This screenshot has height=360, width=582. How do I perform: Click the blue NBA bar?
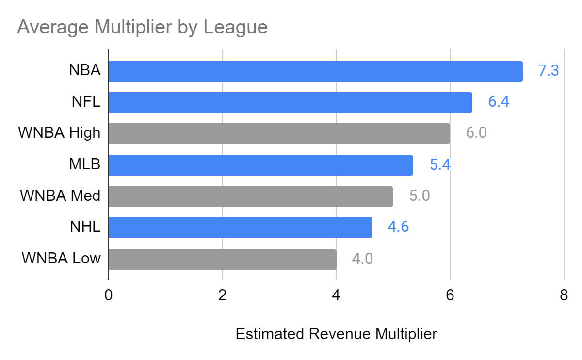point(315,71)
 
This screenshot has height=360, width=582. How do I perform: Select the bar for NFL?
point(290,102)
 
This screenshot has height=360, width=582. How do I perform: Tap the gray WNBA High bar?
point(279,133)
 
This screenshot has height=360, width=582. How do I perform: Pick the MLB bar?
point(260,165)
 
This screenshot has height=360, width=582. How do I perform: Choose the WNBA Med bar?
point(250,196)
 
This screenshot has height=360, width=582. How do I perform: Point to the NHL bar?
point(240,228)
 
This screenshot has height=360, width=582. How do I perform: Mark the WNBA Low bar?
point(222,259)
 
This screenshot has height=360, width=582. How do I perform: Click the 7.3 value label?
point(549,71)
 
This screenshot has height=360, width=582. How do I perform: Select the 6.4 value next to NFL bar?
point(499,102)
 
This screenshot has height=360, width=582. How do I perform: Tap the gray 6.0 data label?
point(476,133)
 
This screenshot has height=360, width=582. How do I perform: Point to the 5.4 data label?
point(440,165)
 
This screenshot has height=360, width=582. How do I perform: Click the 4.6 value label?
point(398,228)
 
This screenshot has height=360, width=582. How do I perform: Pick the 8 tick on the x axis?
point(564,295)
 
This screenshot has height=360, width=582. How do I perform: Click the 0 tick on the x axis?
point(108,295)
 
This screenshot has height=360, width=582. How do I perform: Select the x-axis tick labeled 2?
point(222,295)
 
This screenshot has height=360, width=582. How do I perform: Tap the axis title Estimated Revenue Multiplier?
point(336,334)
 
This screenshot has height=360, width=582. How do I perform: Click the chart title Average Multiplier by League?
point(142,27)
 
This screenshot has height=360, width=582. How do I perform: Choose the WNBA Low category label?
point(61,258)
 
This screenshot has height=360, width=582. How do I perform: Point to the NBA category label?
point(84,70)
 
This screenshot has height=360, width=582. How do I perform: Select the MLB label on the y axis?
point(84,164)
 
